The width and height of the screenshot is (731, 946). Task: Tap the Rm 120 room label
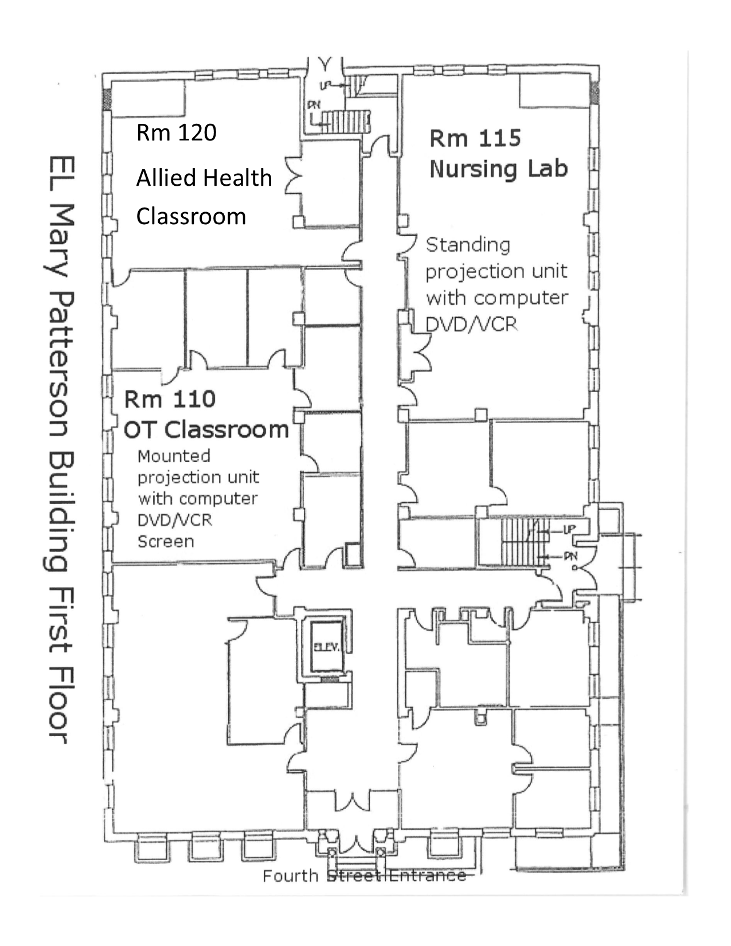(x=176, y=132)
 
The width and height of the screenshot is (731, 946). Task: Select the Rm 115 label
(x=475, y=138)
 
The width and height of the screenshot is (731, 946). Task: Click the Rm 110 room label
(x=170, y=399)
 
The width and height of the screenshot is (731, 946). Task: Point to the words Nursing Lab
(x=498, y=169)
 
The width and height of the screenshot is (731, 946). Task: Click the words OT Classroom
(x=206, y=429)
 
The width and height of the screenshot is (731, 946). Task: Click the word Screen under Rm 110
(x=166, y=541)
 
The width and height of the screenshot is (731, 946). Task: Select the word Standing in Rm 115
(x=468, y=245)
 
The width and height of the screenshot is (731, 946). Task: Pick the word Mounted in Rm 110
(x=174, y=456)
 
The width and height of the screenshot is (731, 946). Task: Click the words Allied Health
(x=204, y=178)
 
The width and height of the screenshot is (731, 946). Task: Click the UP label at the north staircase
(x=326, y=85)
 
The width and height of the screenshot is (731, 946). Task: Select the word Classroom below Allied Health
(x=191, y=216)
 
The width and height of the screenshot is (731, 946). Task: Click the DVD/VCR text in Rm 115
(x=471, y=325)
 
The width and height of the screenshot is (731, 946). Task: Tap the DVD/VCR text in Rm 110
(x=174, y=520)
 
